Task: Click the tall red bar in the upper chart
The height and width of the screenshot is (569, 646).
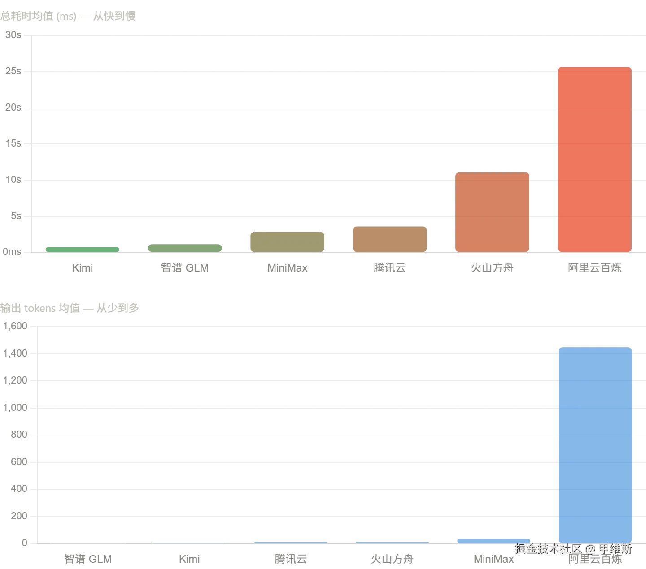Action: pyautogui.click(x=594, y=159)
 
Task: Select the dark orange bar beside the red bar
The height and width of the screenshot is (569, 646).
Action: pyautogui.click(x=492, y=212)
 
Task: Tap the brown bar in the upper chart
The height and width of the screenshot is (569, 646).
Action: pyautogui.click(x=389, y=239)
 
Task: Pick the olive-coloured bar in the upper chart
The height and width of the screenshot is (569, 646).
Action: pyautogui.click(x=287, y=241)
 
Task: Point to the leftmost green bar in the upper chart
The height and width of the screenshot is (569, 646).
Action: pyautogui.click(x=83, y=249)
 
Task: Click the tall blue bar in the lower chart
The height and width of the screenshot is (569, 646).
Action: pyautogui.click(x=595, y=444)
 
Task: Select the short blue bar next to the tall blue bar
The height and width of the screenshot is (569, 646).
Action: pyautogui.click(x=493, y=541)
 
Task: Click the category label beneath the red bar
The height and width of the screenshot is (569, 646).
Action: pyautogui.click(x=595, y=267)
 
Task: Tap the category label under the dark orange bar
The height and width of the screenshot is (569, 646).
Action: pyautogui.click(x=493, y=267)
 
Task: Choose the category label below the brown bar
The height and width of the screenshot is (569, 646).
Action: pyautogui.click(x=389, y=267)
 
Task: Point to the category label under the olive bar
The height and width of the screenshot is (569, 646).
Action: pyautogui.click(x=287, y=267)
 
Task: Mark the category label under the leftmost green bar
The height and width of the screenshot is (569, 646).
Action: pyautogui.click(x=83, y=267)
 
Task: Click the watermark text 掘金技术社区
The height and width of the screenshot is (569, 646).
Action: pyautogui.click(x=548, y=548)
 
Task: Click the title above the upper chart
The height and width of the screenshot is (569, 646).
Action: pyautogui.click(x=68, y=17)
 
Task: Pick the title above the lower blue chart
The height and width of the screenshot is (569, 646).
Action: pyautogui.click(x=70, y=308)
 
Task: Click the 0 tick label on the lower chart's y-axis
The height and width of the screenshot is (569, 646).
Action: pyautogui.click(x=25, y=543)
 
